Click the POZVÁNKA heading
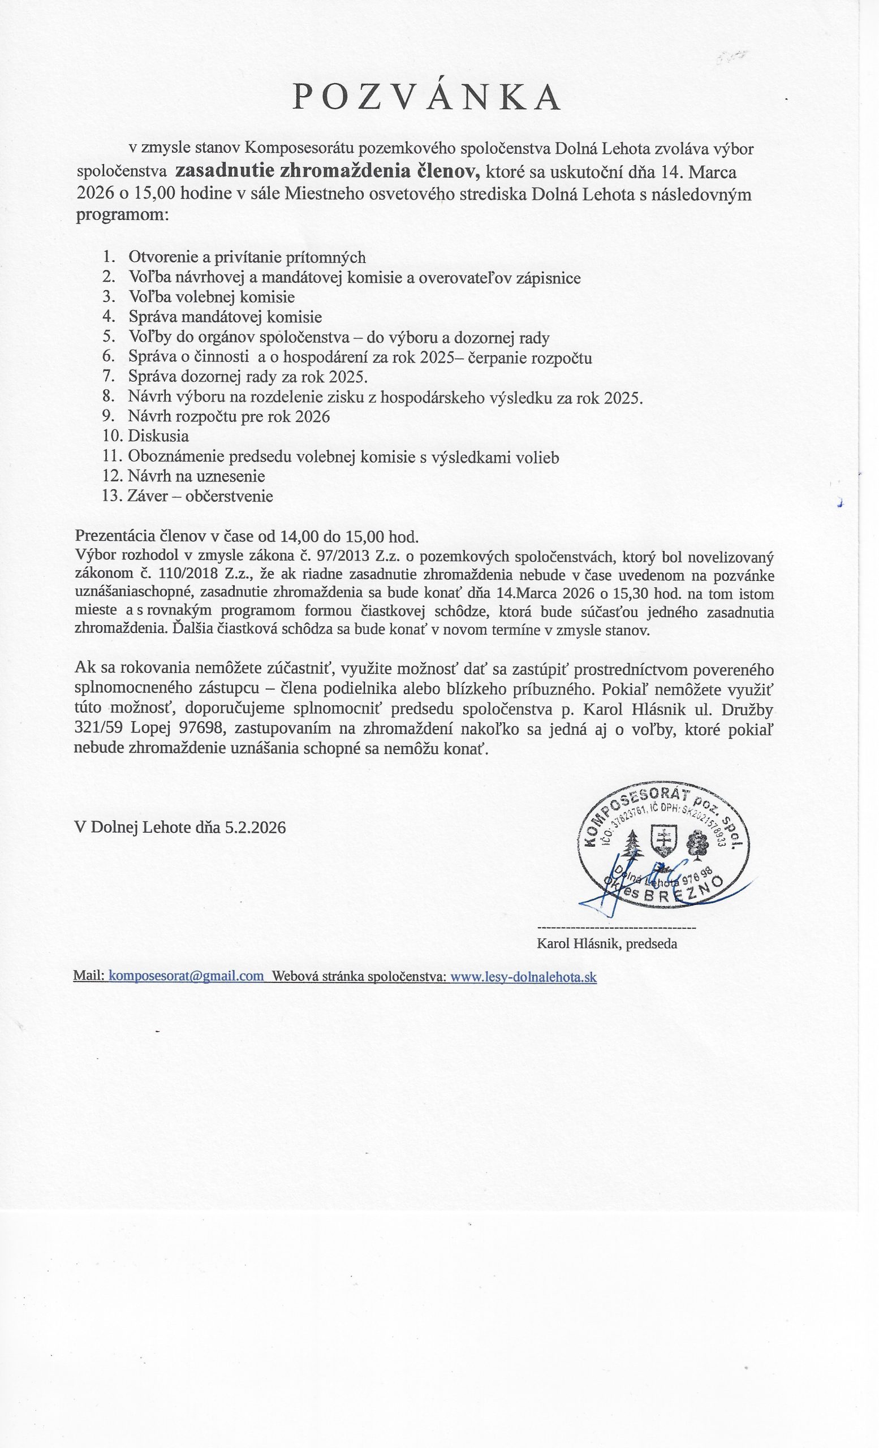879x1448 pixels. click(427, 97)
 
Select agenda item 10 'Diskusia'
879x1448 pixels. click(158, 436)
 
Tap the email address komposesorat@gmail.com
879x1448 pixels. click(187, 976)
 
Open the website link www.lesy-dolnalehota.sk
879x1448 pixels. click(523, 977)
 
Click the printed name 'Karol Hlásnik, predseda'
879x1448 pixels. click(607, 944)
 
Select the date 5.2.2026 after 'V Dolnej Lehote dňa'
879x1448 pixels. click(255, 828)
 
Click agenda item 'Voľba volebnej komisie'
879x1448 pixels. click(212, 297)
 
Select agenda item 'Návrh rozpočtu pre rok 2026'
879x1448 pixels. click(229, 417)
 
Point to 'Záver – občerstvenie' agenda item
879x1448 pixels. click(200, 496)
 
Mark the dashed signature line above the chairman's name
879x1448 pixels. click(616, 926)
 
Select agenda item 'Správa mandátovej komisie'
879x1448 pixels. click(225, 317)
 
